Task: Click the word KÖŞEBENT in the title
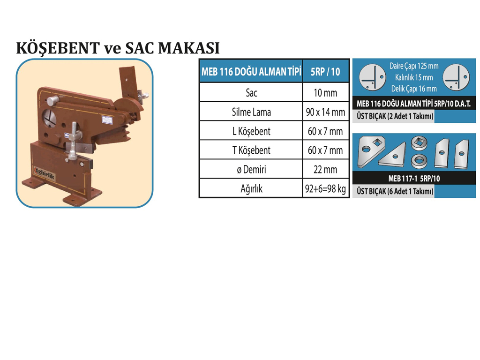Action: (x=58, y=48)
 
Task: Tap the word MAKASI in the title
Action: (x=189, y=48)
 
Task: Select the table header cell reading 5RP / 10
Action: (x=325, y=72)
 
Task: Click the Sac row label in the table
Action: (x=251, y=92)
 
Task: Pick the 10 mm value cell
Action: (x=325, y=92)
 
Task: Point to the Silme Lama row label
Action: (x=251, y=112)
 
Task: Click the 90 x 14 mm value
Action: (x=325, y=112)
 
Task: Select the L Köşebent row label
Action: (x=251, y=131)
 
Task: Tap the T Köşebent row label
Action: (x=251, y=150)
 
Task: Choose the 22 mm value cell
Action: (x=325, y=169)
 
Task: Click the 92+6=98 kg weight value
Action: (x=325, y=188)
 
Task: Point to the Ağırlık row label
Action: (x=251, y=188)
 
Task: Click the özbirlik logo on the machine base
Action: (x=45, y=173)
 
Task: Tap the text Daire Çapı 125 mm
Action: (x=414, y=66)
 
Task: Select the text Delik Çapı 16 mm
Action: (x=414, y=89)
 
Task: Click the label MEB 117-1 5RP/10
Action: (x=414, y=179)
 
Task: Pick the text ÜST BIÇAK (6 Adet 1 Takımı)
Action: (x=395, y=191)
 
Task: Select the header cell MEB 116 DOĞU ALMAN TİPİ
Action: (x=251, y=72)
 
